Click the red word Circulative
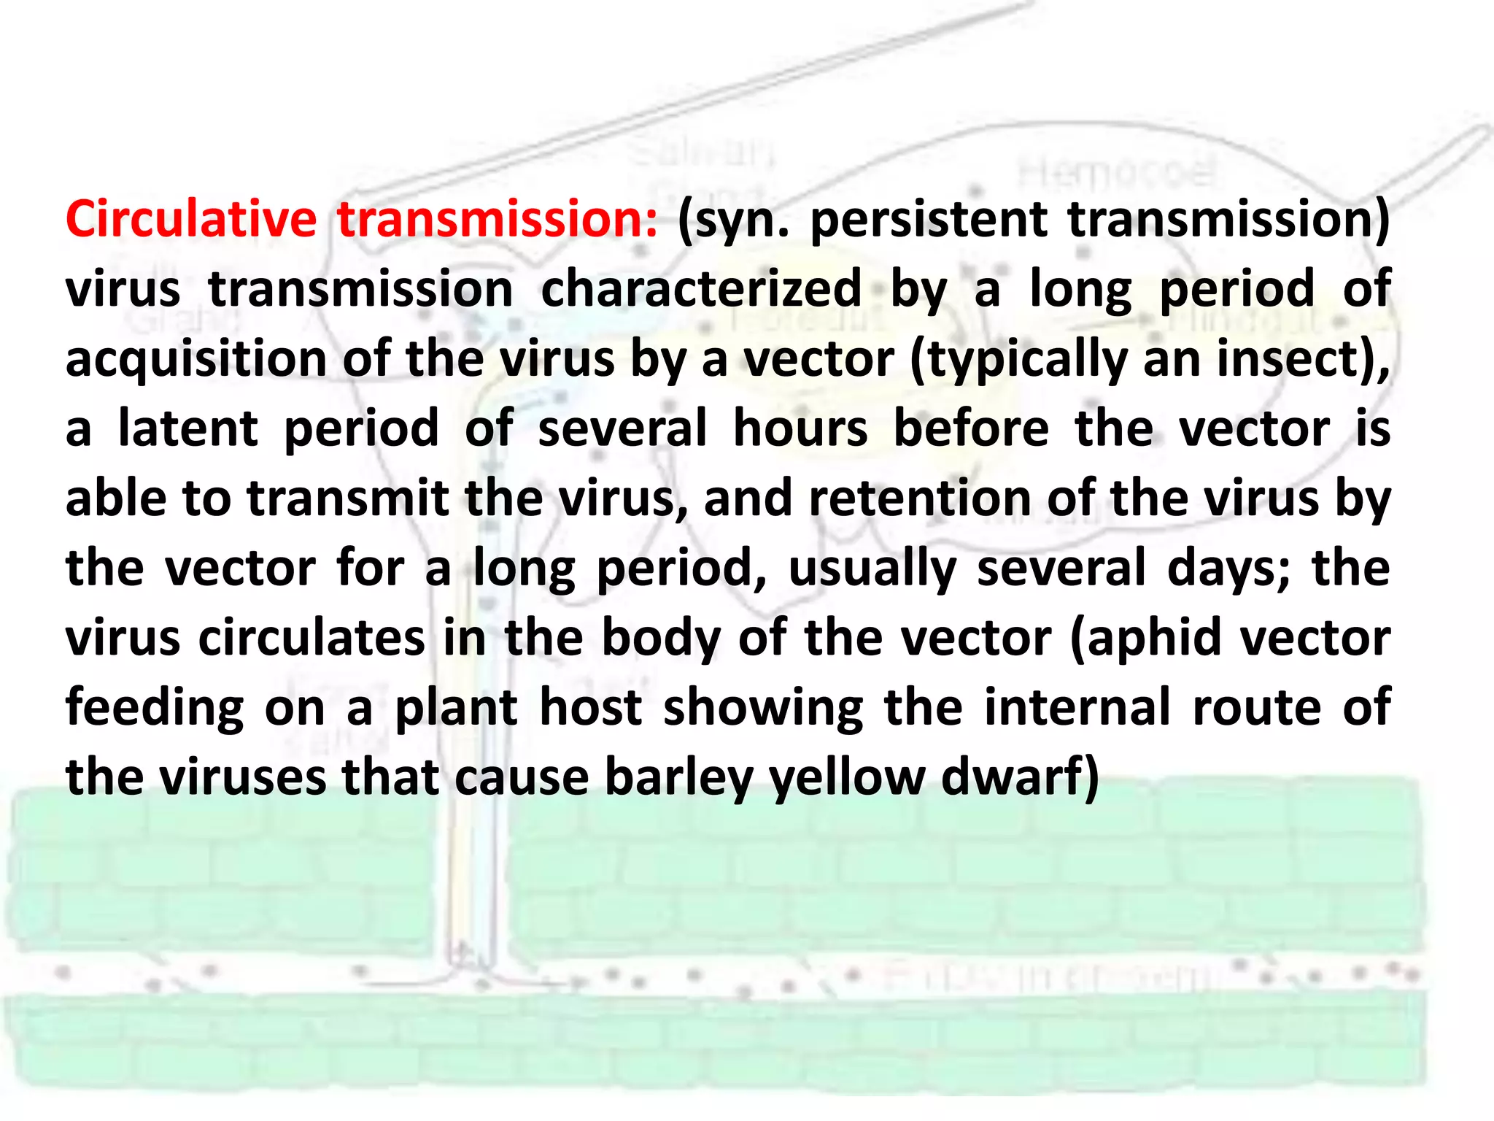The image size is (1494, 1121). click(190, 219)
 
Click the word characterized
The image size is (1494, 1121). click(701, 289)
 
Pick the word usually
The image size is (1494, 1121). click(872, 569)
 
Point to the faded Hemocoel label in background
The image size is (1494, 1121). click(1117, 173)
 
